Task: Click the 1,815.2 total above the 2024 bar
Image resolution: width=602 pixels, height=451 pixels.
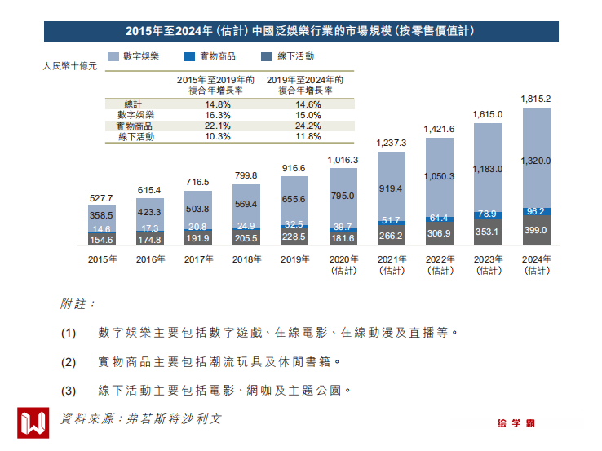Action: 536,99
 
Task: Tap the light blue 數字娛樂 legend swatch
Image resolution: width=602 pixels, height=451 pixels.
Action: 113,57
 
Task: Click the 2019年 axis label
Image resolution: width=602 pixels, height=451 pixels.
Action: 294,259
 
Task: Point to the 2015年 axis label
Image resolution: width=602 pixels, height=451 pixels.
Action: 102,259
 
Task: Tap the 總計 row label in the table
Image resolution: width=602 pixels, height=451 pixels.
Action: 133,105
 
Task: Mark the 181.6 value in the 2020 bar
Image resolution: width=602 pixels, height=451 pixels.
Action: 343,238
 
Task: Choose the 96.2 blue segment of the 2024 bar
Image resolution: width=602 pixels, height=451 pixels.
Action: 536,211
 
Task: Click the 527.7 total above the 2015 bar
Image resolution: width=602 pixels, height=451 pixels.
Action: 102,198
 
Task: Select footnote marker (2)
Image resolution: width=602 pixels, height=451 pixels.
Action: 69,361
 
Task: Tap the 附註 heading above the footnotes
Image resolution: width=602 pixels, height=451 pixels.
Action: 77,304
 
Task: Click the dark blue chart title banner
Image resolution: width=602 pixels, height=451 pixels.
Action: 301,31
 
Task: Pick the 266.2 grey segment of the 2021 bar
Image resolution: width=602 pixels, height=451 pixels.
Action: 391,236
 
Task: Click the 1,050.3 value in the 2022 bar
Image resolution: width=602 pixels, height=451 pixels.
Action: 439,176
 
